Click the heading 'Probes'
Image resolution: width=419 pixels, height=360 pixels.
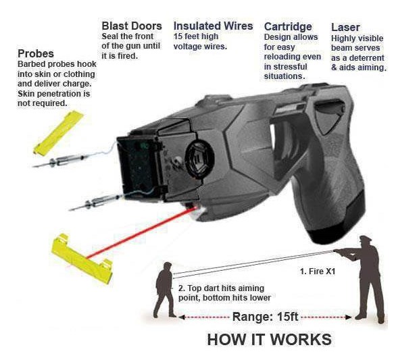pos(36,53)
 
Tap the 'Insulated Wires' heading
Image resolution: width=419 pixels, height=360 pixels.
pos(213,26)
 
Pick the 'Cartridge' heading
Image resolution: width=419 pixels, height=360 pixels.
pos(288,26)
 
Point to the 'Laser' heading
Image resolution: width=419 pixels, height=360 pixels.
pos(345,27)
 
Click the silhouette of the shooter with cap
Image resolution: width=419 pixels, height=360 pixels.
pos(365,277)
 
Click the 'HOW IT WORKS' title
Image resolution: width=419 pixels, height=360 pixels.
pos(269,339)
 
